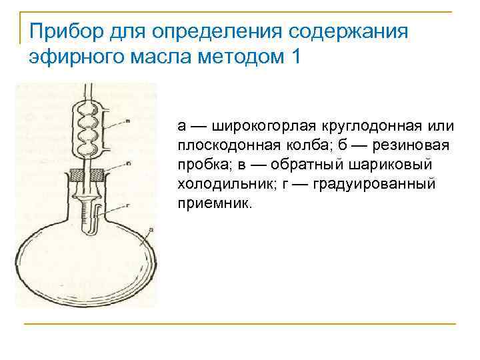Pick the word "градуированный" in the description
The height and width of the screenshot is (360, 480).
[x=381, y=183]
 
